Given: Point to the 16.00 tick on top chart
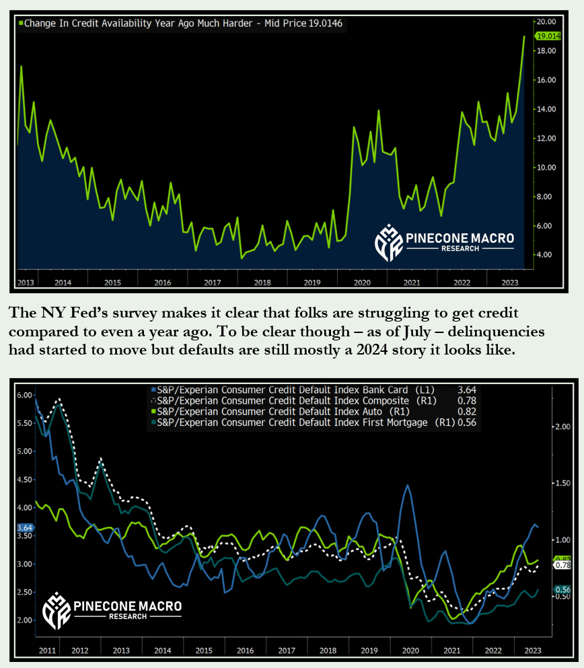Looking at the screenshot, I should click(546, 80).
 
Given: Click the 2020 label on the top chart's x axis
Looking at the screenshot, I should click(362, 282).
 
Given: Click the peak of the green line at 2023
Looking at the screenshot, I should click(524, 37).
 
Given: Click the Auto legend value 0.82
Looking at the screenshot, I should click(466, 411).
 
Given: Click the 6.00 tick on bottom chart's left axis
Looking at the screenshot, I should click(24, 395).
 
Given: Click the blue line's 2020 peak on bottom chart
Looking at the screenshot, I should click(407, 485).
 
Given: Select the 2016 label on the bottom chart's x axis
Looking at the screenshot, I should click(246, 651).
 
